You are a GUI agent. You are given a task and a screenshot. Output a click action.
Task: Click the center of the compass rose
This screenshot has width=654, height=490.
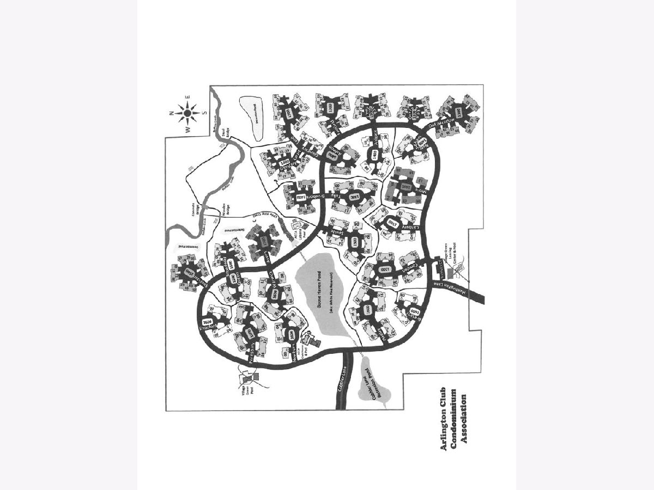point(187,113)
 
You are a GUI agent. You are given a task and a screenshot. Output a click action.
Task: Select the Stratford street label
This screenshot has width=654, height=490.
point(210,327)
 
